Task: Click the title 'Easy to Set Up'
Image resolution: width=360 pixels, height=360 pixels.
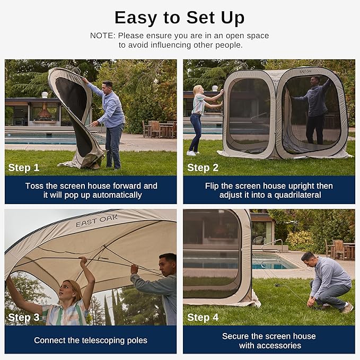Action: [179, 17]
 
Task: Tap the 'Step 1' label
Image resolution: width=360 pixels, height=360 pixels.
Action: [24, 168]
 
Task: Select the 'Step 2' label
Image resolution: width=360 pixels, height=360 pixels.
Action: [203, 168]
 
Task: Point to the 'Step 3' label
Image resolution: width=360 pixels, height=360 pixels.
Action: [24, 318]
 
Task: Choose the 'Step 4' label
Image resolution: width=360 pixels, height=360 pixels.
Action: [203, 318]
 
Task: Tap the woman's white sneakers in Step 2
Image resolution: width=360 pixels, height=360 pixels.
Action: [191, 153]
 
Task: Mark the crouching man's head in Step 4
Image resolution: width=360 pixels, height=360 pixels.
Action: [309, 258]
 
